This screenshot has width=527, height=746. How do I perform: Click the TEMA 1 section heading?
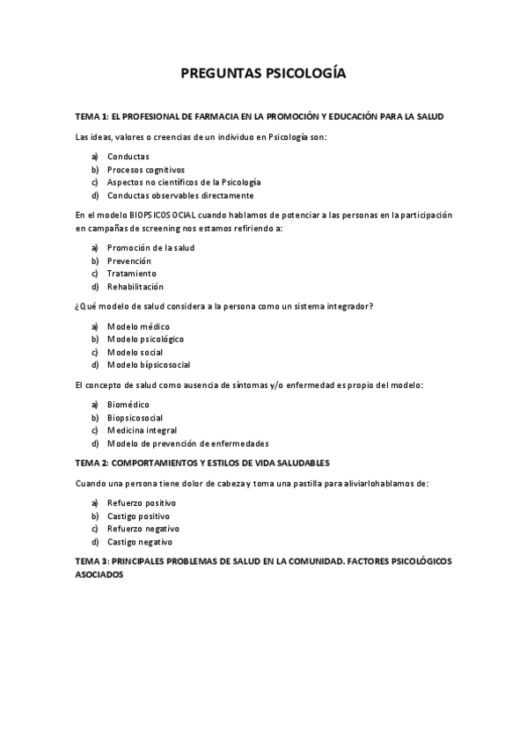(x=260, y=117)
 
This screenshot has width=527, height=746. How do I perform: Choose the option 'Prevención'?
(x=129, y=261)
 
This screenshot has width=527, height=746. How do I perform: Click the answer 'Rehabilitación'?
(x=135, y=287)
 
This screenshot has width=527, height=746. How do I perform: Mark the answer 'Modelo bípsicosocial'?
(x=149, y=364)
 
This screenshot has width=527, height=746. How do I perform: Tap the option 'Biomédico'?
(x=128, y=405)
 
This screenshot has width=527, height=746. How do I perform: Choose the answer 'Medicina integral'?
(x=143, y=431)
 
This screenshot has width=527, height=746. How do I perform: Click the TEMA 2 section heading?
(x=203, y=463)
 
